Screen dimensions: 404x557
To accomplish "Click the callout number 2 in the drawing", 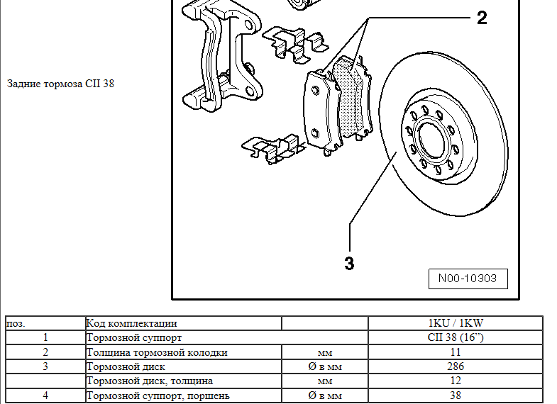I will point(482,18).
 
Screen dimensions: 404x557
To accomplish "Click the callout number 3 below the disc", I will point(348,264).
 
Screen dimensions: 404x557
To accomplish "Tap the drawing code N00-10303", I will point(468,279).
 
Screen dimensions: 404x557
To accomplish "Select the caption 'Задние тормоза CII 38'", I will point(60,84).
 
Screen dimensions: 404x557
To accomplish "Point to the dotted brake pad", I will point(352,99).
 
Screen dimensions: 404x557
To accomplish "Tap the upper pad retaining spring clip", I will point(294,44).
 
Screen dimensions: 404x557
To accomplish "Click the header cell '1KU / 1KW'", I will point(456,323).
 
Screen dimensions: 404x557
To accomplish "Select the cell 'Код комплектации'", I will point(131,323).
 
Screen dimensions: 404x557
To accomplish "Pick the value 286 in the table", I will point(456,366).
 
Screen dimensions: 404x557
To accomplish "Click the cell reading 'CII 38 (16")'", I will point(456,337).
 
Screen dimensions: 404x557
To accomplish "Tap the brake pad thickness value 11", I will point(456,352).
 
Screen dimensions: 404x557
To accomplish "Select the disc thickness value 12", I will point(456,381).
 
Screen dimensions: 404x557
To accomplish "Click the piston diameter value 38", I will point(456,395).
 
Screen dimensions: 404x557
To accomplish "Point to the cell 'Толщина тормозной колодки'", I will point(157,352).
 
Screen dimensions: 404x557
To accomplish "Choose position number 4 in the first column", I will point(45,395).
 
